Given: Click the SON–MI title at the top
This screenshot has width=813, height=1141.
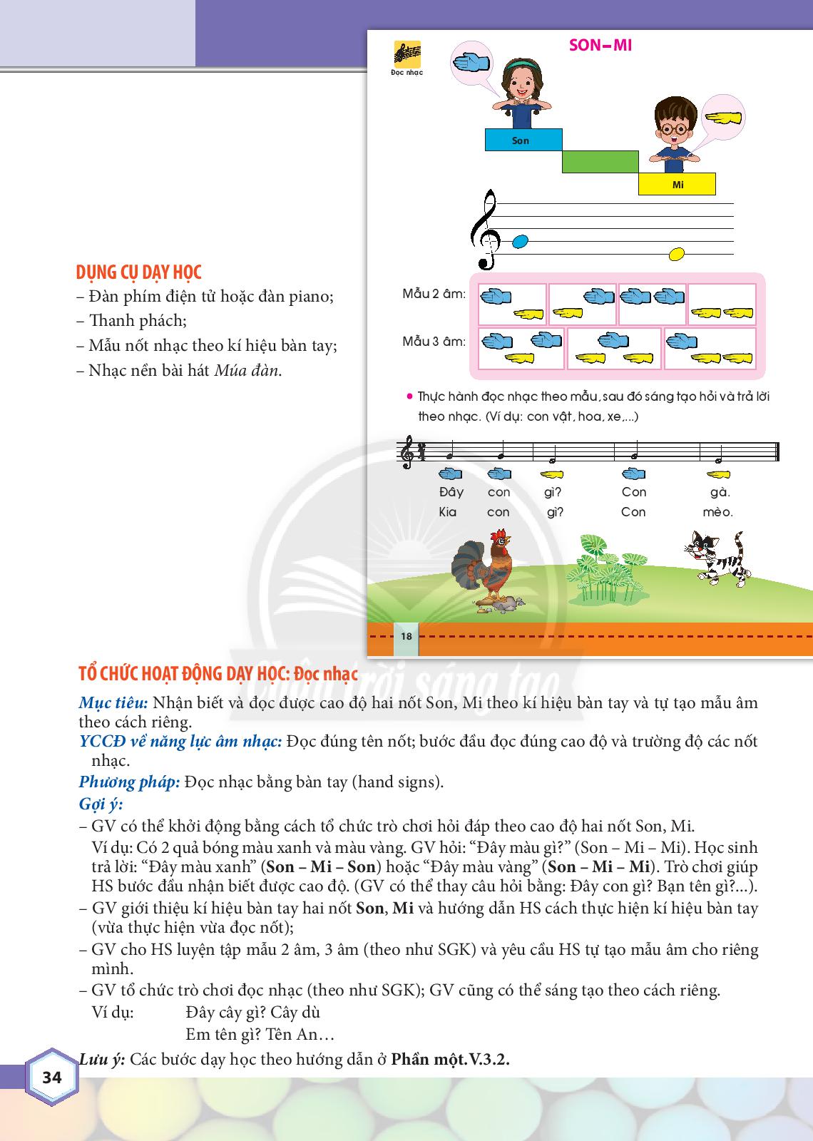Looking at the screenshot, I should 600,46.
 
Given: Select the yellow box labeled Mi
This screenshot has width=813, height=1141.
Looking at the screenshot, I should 676,185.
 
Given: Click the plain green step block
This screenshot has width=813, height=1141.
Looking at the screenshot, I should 600,162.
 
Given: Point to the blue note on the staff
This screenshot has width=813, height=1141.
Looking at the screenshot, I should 521,241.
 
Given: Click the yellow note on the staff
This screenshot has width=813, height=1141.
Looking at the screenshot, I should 676,253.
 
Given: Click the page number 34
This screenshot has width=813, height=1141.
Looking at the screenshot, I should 52,1077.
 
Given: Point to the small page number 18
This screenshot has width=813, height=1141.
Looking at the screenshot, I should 406,635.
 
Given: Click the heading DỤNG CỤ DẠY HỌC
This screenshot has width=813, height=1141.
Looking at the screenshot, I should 138,272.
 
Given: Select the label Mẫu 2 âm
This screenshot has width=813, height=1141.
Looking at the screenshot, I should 434,294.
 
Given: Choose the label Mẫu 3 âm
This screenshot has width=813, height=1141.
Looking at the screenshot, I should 434,341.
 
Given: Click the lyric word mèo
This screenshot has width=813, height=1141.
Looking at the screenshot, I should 717,511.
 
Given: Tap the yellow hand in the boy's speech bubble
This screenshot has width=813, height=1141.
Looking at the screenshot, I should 722,118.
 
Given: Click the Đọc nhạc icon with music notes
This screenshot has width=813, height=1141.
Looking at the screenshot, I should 407,58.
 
